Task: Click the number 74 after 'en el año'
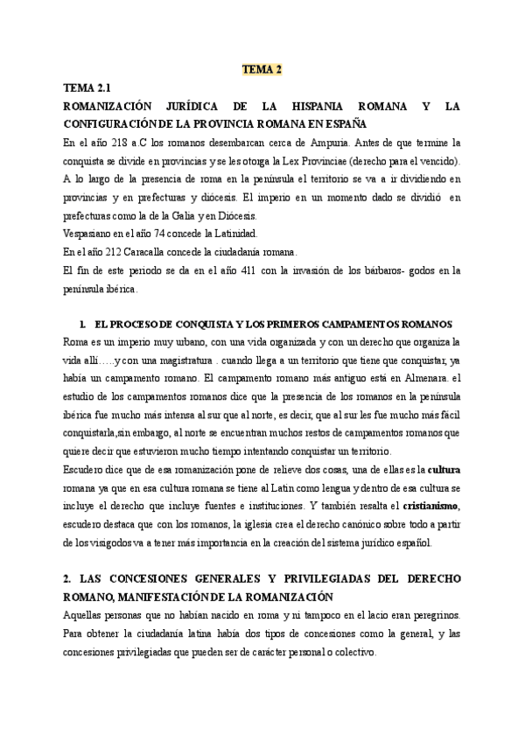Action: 159,233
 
